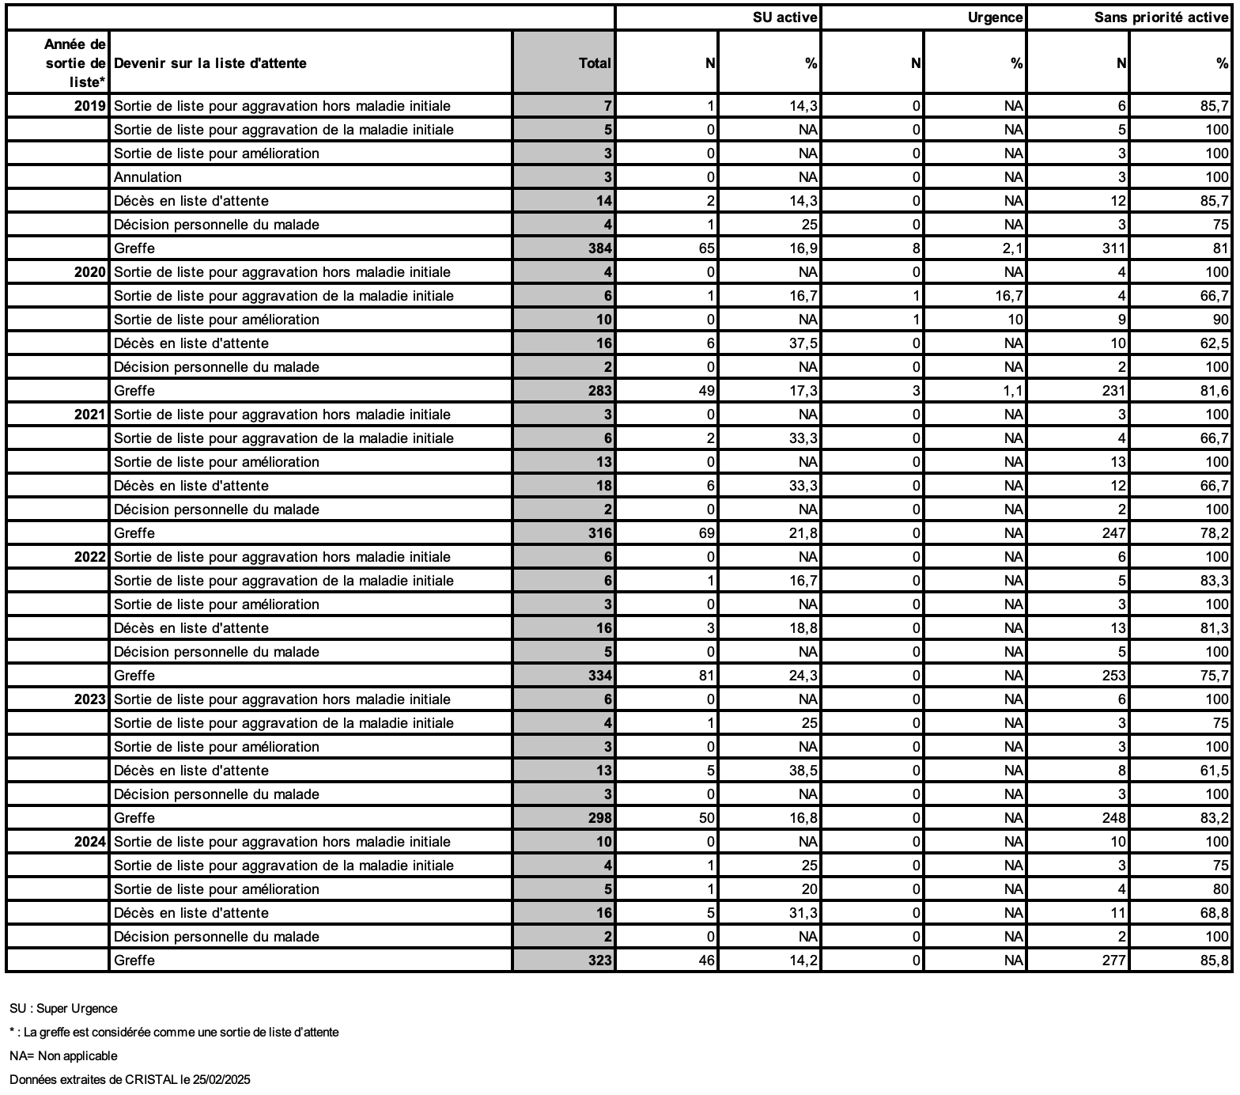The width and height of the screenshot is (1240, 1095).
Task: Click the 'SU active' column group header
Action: coord(784,17)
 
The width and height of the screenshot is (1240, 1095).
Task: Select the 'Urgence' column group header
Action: coord(995,17)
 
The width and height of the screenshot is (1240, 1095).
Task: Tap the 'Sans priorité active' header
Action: coord(1161,17)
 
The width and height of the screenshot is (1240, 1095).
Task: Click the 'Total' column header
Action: coord(595,63)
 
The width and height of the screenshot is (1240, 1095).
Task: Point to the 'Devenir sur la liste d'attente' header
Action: coord(210,63)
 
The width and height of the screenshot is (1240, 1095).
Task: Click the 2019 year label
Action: coord(90,106)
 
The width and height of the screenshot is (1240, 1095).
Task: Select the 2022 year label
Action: coord(90,557)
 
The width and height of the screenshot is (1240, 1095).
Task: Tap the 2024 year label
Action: coord(90,842)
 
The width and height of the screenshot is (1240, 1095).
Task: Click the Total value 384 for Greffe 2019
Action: coord(599,248)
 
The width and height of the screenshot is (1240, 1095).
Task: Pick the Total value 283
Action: coord(599,391)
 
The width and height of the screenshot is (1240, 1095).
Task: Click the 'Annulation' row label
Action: coord(148,177)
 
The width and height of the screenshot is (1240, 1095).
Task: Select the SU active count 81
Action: coord(706,676)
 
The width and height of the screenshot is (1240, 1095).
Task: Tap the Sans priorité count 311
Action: coord(1113,248)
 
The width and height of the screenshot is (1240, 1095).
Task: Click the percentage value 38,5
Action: coord(803,771)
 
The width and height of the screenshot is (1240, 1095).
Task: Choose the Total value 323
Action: coord(599,960)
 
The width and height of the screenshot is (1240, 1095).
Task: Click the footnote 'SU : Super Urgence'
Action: coord(63,1009)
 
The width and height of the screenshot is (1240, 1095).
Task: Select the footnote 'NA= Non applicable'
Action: coord(63,1056)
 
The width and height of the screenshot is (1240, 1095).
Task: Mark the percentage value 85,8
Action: coord(1214,960)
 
